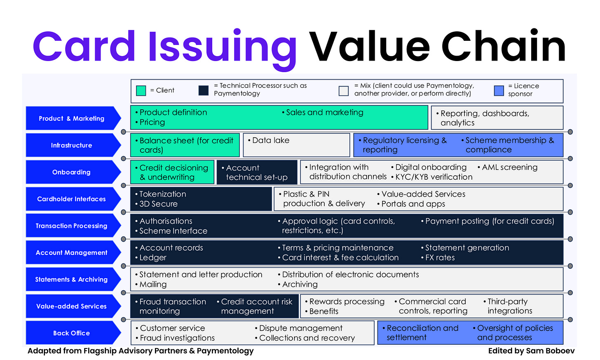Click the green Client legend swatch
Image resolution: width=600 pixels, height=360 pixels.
(x=141, y=91)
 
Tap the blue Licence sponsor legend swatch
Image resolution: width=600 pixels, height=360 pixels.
(x=499, y=91)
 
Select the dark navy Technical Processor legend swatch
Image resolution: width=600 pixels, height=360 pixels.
(x=204, y=91)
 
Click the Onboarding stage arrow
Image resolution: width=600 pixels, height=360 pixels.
(x=72, y=172)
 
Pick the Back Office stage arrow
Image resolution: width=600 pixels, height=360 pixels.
(x=72, y=333)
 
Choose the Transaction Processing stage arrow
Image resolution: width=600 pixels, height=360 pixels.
(x=72, y=226)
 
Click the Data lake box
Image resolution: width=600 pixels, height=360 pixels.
(x=296, y=145)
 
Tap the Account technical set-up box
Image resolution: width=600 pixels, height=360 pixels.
(x=256, y=172)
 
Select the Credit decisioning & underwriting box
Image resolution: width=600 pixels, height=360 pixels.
(x=172, y=172)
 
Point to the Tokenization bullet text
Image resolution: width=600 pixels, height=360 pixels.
(x=162, y=194)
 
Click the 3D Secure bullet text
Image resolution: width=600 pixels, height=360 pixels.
(x=158, y=204)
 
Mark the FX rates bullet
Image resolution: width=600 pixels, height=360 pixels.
(x=440, y=258)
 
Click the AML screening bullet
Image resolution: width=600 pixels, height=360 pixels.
(x=509, y=167)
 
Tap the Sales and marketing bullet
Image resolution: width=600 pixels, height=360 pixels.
(x=324, y=113)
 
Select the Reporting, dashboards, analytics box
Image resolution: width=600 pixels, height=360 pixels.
(x=497, y=118)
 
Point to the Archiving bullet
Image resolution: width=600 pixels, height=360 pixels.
(x=300, y=285)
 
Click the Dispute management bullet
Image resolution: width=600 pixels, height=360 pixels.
(x=300, y=328)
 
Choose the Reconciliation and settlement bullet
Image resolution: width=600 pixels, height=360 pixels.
(x=422, y=333)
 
